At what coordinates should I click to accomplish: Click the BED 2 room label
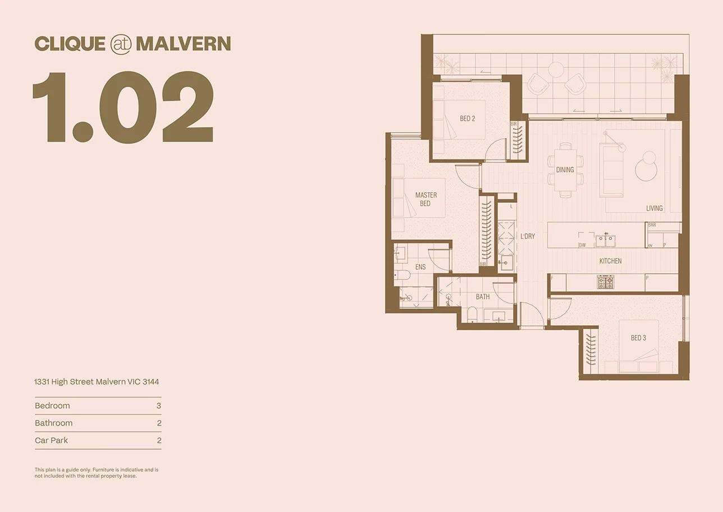click(x=467, y=119)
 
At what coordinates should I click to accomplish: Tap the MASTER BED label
click(x=425, y=199)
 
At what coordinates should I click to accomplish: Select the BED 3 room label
click(x=638, y=338)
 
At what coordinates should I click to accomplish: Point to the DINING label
click(x=565, y=170)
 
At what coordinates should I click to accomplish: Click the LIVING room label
click(x=654, y=208)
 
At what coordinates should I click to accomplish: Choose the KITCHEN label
click(x=610, y=261)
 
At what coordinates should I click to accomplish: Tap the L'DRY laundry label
click(x=527, y=237)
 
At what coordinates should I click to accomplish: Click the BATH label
click(x=482, y=297)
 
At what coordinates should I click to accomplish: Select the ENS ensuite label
click(x=420, y=267)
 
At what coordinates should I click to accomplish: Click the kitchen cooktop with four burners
click(x=605, y=282)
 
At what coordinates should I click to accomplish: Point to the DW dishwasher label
click(x=582, y=245)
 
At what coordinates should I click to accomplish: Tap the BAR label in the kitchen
click(x=652, y=225)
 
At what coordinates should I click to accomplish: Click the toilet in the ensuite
click(x=402, y=275)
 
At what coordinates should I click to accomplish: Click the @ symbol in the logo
click(x=121, y=44)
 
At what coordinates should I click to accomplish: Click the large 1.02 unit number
click(x=123, y=107)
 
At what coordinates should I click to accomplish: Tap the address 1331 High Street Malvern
click(x=97, y=382)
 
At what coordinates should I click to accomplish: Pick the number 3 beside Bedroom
click(x=159, y=405)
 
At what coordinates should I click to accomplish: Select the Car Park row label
click(x=51, y=440)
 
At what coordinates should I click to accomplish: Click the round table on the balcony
click(x=556, y=70)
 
